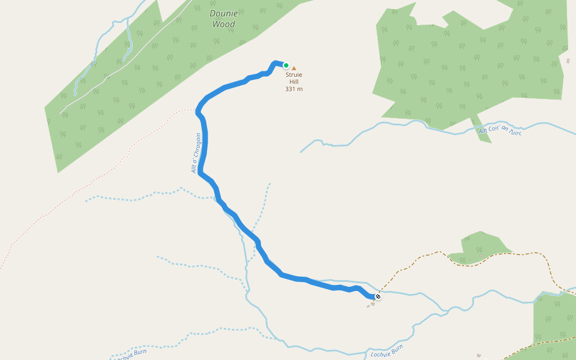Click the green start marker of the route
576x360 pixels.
[x=286, y=65]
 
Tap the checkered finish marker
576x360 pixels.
[x=378, y=296]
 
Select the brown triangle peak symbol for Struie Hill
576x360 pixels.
[x=294, y=68]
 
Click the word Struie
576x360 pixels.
[x=294, y=75]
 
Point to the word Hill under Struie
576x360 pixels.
[x=294, y=82]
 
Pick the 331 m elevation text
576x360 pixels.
[x=294, y=89]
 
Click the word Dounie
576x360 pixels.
[x=224, y=13]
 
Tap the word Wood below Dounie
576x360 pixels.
[x=224, y=24]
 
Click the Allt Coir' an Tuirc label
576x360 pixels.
[x=500, y=131]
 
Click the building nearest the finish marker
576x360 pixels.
[x=373, y=304]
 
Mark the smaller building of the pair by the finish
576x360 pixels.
[x=368, y=306]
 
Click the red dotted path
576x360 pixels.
[x=90, y=174]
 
